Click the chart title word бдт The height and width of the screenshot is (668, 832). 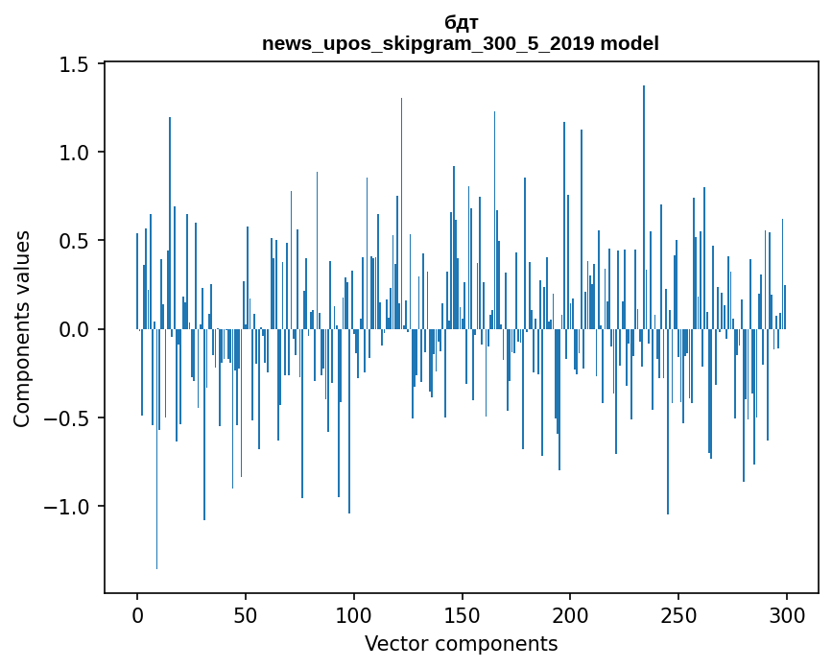(x=461, y=23)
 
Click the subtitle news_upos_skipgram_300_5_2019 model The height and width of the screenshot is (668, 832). (x=461, y=43)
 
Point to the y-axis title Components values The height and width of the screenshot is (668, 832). (x=22, y=328)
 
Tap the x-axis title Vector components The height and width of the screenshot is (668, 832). (x=461, y=643)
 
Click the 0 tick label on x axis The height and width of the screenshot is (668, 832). (x=137, y=614)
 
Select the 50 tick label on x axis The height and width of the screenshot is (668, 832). (x=246, y=614)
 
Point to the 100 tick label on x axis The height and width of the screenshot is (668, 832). (x=354, y=614)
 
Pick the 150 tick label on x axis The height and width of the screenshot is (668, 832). (x=462, y=614)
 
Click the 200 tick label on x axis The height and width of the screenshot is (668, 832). (x=570, y=614)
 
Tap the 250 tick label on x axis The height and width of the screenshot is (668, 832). (x=678, y=614)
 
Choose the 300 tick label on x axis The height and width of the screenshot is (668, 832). (x=787, y=614)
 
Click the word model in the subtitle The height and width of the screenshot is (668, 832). (x=633, y=43)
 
